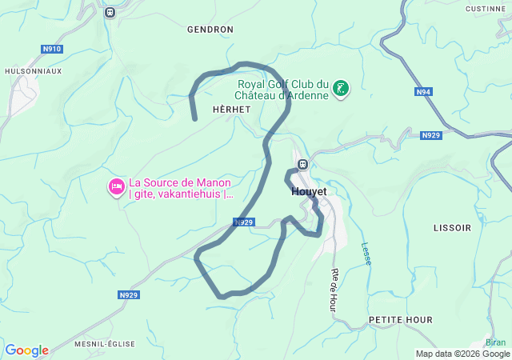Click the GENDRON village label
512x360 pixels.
210,30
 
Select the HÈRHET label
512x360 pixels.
232,109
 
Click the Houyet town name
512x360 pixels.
309,192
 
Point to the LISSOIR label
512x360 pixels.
452,228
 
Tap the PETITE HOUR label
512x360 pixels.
401,320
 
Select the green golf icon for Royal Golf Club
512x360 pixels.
342,89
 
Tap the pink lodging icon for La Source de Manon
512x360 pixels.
116,187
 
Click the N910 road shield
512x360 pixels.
52,49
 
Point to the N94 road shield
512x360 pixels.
424,92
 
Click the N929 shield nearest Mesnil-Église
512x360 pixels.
129,295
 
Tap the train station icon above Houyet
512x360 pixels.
302,165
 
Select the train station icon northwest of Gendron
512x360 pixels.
110,11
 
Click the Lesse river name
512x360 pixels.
366,254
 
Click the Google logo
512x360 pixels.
27,350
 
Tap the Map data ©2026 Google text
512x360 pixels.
462,354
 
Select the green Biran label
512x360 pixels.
496,341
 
